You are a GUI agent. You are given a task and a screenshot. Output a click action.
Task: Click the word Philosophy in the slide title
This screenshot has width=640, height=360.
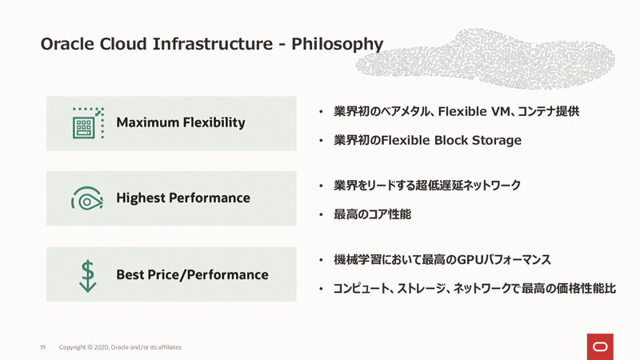pos(337,43)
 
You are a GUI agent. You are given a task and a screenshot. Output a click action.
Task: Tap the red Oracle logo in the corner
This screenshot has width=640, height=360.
pos(599,346)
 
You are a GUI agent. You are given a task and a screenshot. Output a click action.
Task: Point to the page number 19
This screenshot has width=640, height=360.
pos(43,347)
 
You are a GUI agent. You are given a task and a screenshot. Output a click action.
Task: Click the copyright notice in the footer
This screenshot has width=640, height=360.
pos(120,347)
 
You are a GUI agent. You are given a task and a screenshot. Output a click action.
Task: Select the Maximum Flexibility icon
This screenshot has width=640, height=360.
pos(87,123)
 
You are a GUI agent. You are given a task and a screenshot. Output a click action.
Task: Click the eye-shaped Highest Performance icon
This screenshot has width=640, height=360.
pos(87,198)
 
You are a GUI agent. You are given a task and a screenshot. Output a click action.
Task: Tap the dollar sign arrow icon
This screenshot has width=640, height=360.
pos(87,274)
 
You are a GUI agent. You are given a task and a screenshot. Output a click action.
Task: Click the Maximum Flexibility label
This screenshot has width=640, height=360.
pos(181,123)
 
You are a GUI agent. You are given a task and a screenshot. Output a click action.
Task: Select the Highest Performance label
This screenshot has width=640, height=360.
pos(183,198)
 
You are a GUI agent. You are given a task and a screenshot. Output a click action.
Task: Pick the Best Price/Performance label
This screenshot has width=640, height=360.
pos(192,274)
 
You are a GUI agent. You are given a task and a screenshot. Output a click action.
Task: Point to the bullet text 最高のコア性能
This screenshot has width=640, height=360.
pos(372,214)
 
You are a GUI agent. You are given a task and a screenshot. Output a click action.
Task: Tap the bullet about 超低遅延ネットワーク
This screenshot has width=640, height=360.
pos(427,186)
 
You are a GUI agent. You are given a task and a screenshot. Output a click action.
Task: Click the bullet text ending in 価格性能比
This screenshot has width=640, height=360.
pos(474,289)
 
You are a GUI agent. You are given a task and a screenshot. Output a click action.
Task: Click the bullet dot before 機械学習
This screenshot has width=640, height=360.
pos(321,261)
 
